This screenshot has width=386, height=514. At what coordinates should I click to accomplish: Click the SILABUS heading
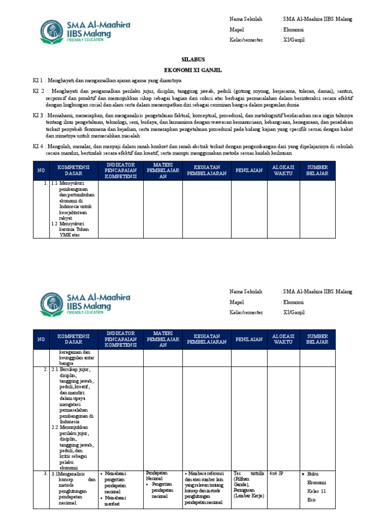[x=193, y=59]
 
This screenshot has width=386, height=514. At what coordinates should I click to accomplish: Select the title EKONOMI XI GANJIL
[x=193, y=70]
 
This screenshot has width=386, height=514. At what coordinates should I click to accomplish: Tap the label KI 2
[x=39, y=91]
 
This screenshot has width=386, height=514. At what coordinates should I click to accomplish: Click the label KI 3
[x=39, y=115]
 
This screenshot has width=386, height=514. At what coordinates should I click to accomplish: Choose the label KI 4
[x=39, y=146]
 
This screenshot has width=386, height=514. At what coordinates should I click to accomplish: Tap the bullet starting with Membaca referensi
[x=206, y=487]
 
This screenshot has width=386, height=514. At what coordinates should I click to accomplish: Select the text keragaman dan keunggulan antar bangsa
[x=73, y=357]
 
